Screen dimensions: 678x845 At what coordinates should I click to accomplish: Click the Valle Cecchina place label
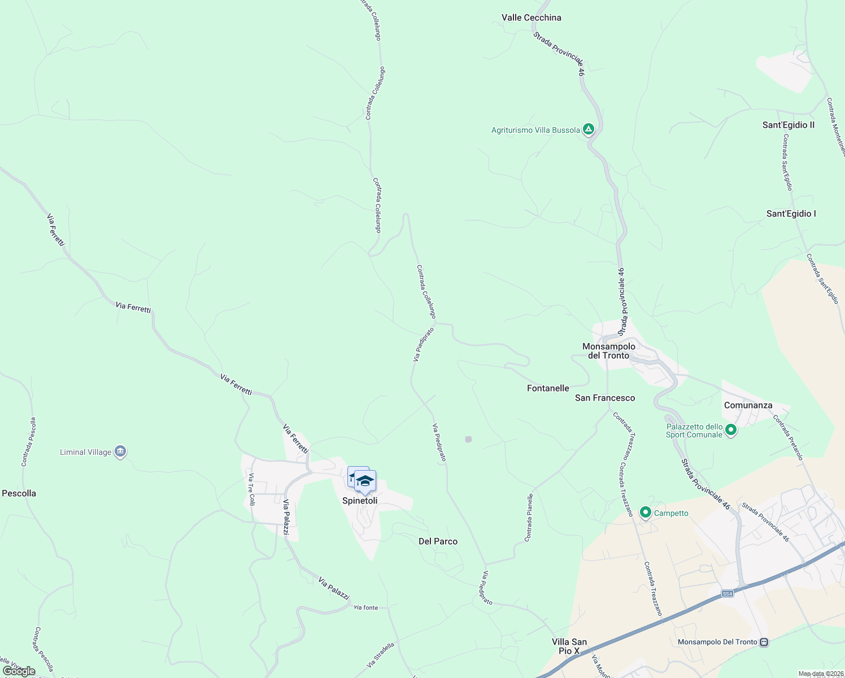tap(531, 18)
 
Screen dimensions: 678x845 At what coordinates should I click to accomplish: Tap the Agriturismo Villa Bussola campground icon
tap(589, 130)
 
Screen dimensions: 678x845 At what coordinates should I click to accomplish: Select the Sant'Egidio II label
tap(788, 125)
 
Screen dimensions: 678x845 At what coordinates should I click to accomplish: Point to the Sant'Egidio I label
tap(791, 214)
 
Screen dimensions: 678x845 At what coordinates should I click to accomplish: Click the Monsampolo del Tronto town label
tap(608, 351)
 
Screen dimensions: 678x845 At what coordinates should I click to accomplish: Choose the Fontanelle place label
tap(548, 388)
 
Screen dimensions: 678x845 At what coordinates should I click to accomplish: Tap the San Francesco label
tap(605, 398)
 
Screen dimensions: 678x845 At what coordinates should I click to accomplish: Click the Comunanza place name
tap(748, 405)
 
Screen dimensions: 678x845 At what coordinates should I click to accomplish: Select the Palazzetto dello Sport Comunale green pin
tap(731, 430)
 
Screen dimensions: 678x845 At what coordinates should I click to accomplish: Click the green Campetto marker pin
tap(645, 512)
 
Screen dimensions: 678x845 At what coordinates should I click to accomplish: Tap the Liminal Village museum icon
tap(120, 451)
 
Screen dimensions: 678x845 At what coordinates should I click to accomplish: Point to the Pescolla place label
tap(19, 493)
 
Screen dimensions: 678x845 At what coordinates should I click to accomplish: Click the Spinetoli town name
tap(360, 501)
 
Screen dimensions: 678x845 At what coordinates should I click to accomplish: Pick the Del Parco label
tap(438, 541)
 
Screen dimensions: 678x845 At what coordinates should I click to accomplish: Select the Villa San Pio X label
tap(569, 646)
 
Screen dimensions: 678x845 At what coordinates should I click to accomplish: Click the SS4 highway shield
tap(728, 593)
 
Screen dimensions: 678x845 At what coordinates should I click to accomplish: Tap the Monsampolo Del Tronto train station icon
tap(764, 642)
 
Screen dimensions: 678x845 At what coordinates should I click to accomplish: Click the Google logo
tap(19, 671)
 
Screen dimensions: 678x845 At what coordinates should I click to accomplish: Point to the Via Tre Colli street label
tap(252, 489)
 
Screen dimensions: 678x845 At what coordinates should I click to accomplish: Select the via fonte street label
tap(366, 607)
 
